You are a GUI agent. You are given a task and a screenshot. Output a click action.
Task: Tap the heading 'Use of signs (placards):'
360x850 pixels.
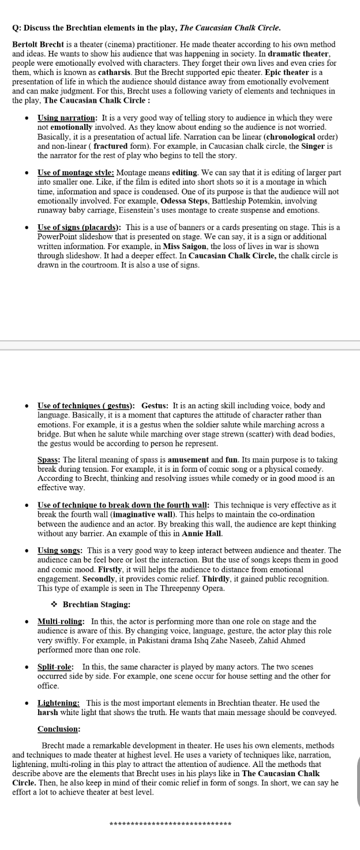[79, 227]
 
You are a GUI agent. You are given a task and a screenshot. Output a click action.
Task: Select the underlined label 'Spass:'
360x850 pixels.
[49, 460]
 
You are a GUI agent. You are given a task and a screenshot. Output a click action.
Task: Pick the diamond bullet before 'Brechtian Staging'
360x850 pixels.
[54, 604]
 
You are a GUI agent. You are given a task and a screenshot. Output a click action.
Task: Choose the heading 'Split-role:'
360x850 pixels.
[55, 667]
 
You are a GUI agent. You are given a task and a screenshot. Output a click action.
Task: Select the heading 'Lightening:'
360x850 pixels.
[59, 703]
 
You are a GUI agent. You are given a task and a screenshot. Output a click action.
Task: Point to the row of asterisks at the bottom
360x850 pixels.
[170, 823]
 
